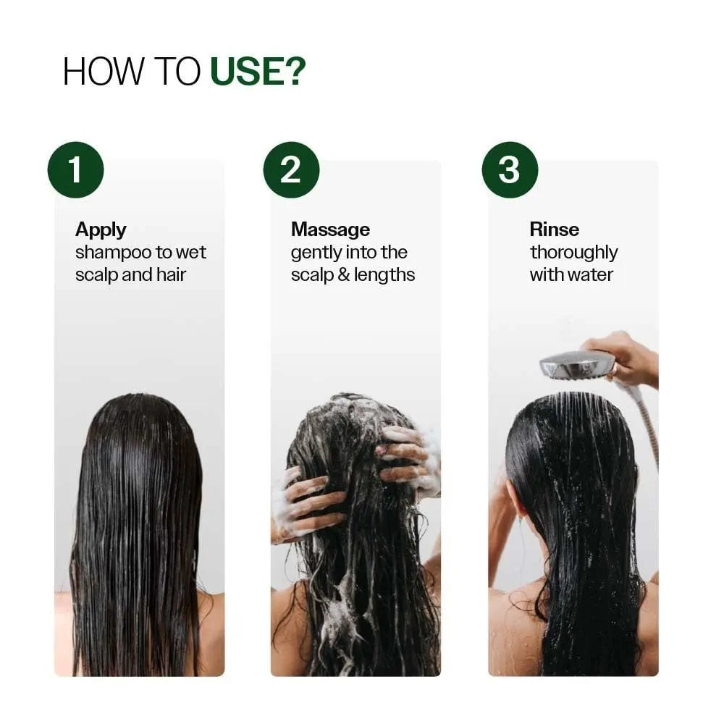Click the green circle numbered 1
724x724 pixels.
pos(75,170)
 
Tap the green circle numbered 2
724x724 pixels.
pos(291,170)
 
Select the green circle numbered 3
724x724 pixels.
pos(510,170)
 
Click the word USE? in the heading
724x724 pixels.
pos(258,72)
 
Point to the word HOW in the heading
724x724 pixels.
pos(95,72)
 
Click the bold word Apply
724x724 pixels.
pos(101,230)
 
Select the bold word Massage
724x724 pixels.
pos(330,230)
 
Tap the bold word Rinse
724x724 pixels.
pos(554,230)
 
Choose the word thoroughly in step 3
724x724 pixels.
pos(573,253)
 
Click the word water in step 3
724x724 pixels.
pos(591,275)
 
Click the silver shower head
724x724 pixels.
pos(577,365)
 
